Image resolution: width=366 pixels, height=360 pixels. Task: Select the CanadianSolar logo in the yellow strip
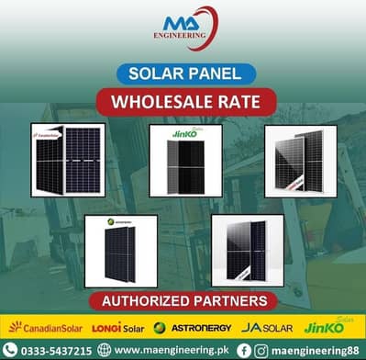pyautogui.click(x=41, y=327)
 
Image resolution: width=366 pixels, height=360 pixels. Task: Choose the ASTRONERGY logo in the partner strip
pyautogui.click(x=189, y=327)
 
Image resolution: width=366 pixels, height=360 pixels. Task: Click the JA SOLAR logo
pyautogui.click(x=266, y=327)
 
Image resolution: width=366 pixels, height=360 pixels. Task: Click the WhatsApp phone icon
pyautogui.click(x=10, y=350)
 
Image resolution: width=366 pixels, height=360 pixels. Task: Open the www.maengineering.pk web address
pyautogui.click(x=167, y=350)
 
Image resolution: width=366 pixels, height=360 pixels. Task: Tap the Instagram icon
pyautogui.click(x=261, y=350)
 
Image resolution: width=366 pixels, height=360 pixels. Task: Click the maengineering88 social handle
pyautogui.click(x=314, y=350)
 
